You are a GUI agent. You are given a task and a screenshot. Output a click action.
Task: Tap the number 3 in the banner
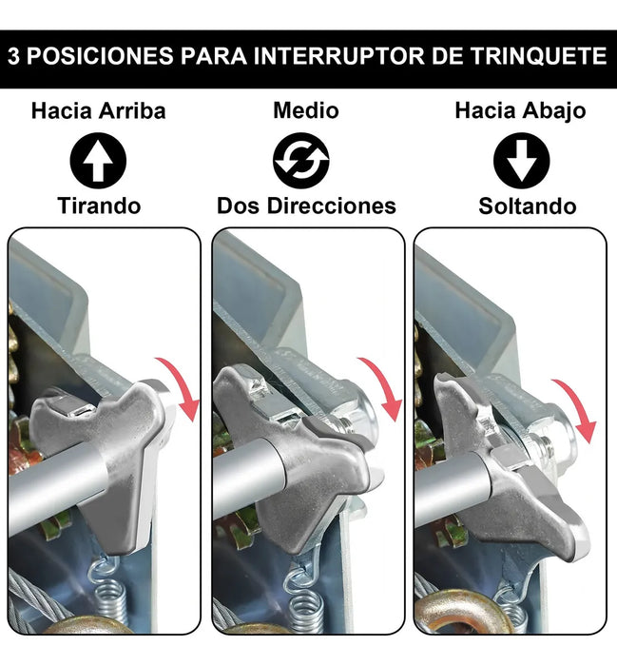pyautogui.click(x=13, y=56)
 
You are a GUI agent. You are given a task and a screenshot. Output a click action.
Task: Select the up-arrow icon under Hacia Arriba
pyautogui.click(x=98, y=161)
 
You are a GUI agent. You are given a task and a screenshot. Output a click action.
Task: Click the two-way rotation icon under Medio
pyautogui.click(x=301, y=161)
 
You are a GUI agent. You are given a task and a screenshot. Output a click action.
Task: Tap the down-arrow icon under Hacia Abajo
pyautogui.click(x=522, y=161)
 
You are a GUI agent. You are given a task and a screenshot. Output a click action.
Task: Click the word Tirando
pyautogui.click(x=99, y=206)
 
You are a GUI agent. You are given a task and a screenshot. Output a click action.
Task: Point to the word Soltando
pyautogui.click(x=528, y=206)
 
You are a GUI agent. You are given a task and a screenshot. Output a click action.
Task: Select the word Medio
pyautogui.click(x=306, y=111)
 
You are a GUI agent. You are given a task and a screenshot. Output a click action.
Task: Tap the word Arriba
pyautogui.click(x=132, y=111)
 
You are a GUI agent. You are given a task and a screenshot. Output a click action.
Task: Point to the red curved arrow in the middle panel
pyautogui.click(x=384, y=385)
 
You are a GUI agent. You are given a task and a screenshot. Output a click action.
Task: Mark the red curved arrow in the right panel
pyautogui.click(x=578, y=407)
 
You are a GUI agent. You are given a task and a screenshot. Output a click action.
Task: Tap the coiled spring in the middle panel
pyautogui.click(x=303, y=595)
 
